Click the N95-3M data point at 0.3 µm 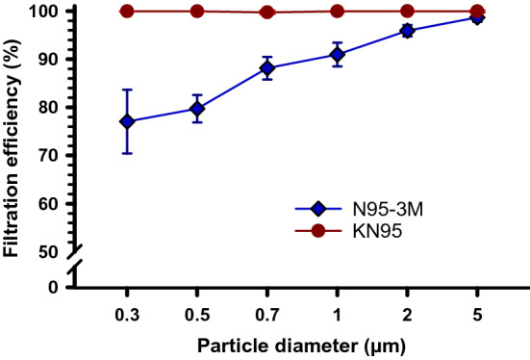coord(127,121)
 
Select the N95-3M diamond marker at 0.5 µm coord(197,109)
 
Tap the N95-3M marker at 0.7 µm coord(267,67)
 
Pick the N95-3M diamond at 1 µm coord(338,54)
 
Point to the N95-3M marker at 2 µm coord(408,31)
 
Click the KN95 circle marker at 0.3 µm coord(127,12)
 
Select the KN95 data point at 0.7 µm coord(267,13)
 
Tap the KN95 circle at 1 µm coord(338,12)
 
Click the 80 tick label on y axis coord(53,108)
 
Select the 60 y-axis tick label coord(53,204)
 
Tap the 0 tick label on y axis coord(58,287)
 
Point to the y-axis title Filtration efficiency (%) coord(13,144)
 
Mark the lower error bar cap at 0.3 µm coord(127,153)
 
